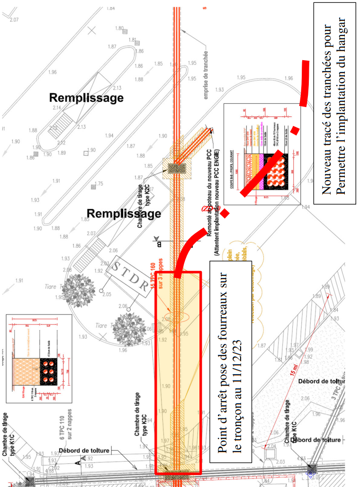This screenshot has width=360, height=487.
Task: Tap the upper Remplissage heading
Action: [x=86, y=98]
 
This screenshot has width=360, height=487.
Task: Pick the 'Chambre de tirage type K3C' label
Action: [x=141, y=413]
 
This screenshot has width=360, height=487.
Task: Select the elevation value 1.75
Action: [x=99, y=184]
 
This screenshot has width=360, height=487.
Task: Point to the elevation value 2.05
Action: [x=107, y=295]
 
